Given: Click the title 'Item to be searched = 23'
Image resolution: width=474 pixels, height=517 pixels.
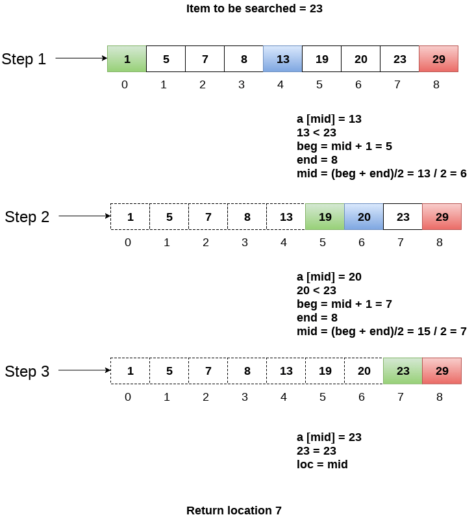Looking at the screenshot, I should (254, 9).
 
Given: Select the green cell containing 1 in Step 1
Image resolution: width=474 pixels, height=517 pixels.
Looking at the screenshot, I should (127, 59).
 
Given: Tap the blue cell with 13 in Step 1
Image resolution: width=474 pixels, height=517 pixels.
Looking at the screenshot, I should (282, 59).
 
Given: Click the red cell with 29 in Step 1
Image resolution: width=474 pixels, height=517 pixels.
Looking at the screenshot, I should (438, 59).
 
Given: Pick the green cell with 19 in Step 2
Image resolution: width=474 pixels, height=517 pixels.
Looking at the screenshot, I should (325, 217).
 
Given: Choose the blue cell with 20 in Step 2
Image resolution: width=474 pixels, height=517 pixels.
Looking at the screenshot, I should (364, 217).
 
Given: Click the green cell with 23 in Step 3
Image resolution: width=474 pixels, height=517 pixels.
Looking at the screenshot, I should (403, 371).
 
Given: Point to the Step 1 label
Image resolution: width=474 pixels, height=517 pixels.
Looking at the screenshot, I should (24, 59).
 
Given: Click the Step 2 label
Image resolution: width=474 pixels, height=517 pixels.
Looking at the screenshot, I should (27, 217).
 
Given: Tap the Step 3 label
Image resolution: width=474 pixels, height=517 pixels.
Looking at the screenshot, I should (27, 372).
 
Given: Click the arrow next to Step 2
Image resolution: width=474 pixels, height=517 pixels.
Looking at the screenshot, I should (84, 216).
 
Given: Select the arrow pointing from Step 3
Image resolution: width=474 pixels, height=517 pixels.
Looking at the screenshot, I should (84, 371).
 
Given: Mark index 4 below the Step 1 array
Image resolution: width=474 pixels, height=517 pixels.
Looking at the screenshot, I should (281, 84).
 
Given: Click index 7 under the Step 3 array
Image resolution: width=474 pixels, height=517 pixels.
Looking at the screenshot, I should (401, 397).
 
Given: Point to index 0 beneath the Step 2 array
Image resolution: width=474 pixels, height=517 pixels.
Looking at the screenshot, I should (128, 242).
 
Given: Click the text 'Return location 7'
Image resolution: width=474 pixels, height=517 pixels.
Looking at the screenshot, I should (234, 511).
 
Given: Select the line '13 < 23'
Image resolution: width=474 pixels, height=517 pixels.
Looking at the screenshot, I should (316, 132).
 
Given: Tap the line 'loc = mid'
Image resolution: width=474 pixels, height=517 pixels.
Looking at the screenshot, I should (322, 464).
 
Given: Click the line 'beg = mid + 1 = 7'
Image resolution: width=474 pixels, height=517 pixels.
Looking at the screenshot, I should (344, 304).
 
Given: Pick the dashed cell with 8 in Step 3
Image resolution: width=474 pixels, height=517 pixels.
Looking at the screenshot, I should (247, 371).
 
